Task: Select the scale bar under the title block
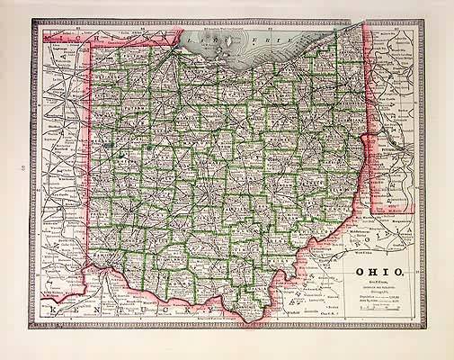pyautogui.click(x=382, y=310)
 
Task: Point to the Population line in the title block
pyautogui.click(x=378, y=294)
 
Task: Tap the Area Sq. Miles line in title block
pyautogui.click(x=378, y=300)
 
